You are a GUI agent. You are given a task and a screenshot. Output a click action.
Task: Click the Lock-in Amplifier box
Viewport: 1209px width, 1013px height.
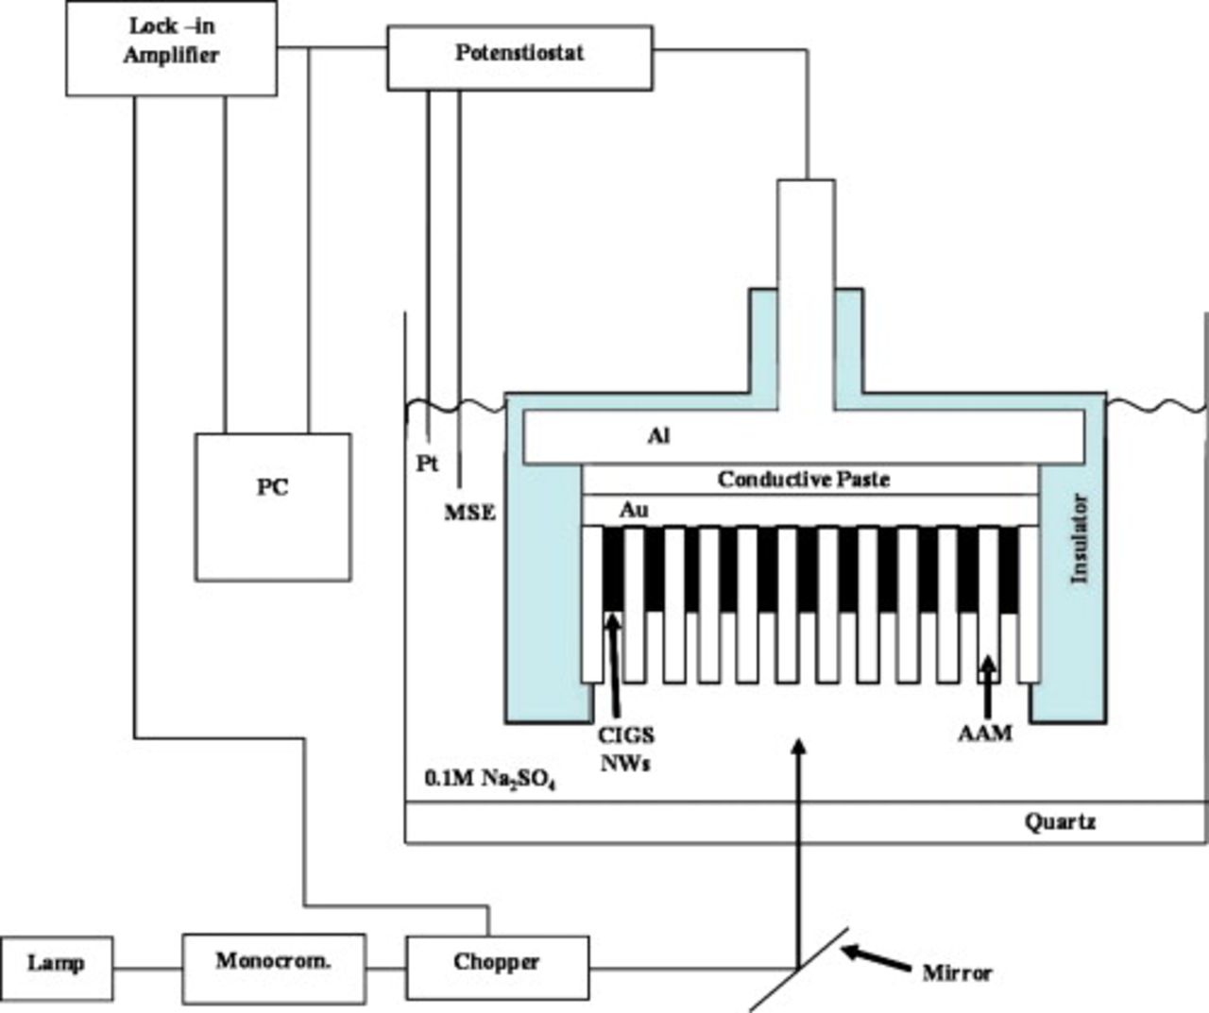click(x=171, y=47)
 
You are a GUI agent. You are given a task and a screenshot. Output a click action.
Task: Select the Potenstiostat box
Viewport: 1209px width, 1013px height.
click(x=519, y=57)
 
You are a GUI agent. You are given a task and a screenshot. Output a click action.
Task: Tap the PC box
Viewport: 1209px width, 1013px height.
click(x=273, y=507)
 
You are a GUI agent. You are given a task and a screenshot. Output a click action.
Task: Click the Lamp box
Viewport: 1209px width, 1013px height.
click(x=56, y=964)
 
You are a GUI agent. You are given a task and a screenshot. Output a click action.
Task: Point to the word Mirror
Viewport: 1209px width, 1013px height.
click(x=957, y=972)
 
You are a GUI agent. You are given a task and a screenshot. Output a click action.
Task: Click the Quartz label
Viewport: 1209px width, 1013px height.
click(x=1060, y=821)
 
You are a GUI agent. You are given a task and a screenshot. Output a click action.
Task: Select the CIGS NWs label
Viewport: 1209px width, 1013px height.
click(x=625, y=749)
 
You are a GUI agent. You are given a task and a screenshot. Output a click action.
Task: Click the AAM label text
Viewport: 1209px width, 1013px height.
click(x=984, y=733)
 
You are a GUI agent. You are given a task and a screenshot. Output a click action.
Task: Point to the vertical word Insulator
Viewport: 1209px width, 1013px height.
click(x=1080, y=538)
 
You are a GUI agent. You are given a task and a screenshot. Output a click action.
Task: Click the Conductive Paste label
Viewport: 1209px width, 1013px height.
click(x=803, y=480)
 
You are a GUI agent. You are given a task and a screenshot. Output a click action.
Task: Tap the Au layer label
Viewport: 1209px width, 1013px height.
click(x=633, y=510)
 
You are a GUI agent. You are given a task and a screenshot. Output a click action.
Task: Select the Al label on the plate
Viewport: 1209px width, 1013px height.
click(x=658, y=436)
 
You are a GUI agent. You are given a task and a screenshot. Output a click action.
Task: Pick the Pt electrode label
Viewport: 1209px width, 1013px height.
click(x=427, y=464)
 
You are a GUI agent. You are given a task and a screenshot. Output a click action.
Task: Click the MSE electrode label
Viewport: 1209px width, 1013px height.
click(x=469, y=514)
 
